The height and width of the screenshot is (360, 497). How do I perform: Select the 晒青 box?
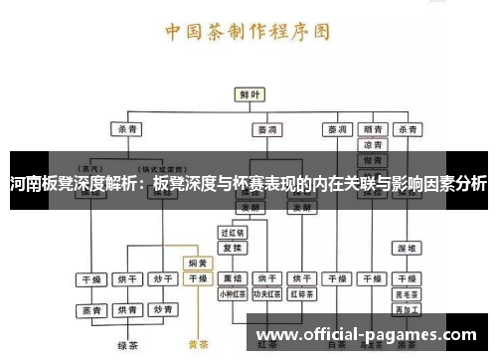click(x=373, y=129)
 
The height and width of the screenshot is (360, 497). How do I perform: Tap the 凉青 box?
click(x=373, y=145)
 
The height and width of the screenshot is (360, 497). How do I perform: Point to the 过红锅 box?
click(x=232, y=232)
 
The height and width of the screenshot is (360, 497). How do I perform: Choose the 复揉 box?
click(x=232, y=247)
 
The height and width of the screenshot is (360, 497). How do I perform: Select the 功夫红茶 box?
click(x=266, y=294)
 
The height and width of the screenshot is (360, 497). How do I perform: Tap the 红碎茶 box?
click(x=301, y=294)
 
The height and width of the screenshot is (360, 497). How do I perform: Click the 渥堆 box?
click(x=407, y=246)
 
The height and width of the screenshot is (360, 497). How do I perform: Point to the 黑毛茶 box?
click(x=407, y=294)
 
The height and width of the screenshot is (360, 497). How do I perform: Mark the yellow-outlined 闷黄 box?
click(x=198, y=264)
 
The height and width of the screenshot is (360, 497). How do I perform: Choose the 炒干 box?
click(x=162, y=278)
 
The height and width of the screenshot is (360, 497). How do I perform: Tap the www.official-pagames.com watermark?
click(x=366, y=334)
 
